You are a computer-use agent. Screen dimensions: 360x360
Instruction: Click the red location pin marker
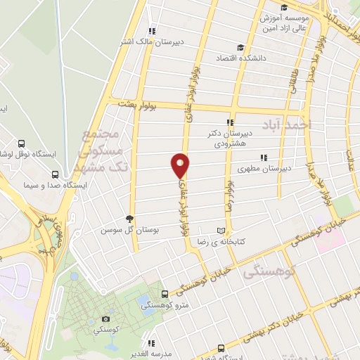click(181, 165)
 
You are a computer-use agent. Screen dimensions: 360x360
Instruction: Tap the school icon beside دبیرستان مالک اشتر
click(152, 31)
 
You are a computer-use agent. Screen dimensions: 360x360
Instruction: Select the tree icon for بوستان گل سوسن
click(129, 219)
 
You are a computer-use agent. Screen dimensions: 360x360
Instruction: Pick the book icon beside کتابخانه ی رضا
click(223, 231)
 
